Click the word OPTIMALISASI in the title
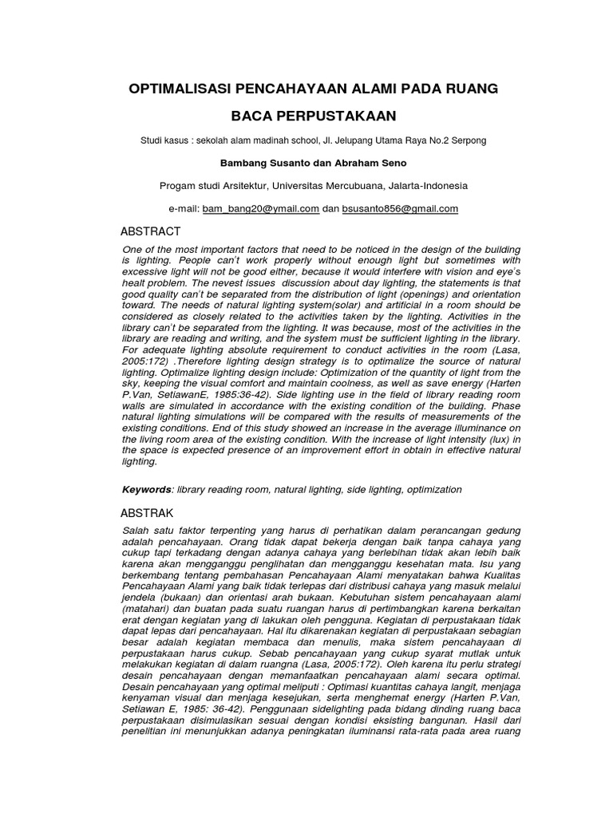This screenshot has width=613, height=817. [185, 89]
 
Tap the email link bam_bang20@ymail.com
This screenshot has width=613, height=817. [261, 209]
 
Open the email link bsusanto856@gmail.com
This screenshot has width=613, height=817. [400, 209]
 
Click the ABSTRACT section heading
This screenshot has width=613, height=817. [150, 232]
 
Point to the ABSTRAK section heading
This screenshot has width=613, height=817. [147, 512]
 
